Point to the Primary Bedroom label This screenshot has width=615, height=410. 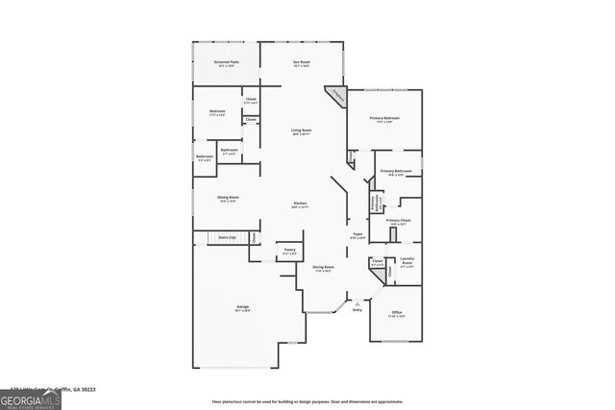(385, 120)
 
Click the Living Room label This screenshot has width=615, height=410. (301, 132)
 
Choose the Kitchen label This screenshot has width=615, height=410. (300, 205)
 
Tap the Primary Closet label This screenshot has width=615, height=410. (399, 222)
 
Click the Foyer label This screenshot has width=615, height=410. (357, 235)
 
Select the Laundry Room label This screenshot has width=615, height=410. (406, 261)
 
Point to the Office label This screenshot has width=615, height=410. (395, 315)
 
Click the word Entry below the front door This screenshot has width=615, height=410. (357, 310)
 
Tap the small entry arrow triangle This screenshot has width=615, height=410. (357, 302)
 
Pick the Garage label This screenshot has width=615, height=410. (243, 308)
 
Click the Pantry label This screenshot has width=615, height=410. (288, 253)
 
